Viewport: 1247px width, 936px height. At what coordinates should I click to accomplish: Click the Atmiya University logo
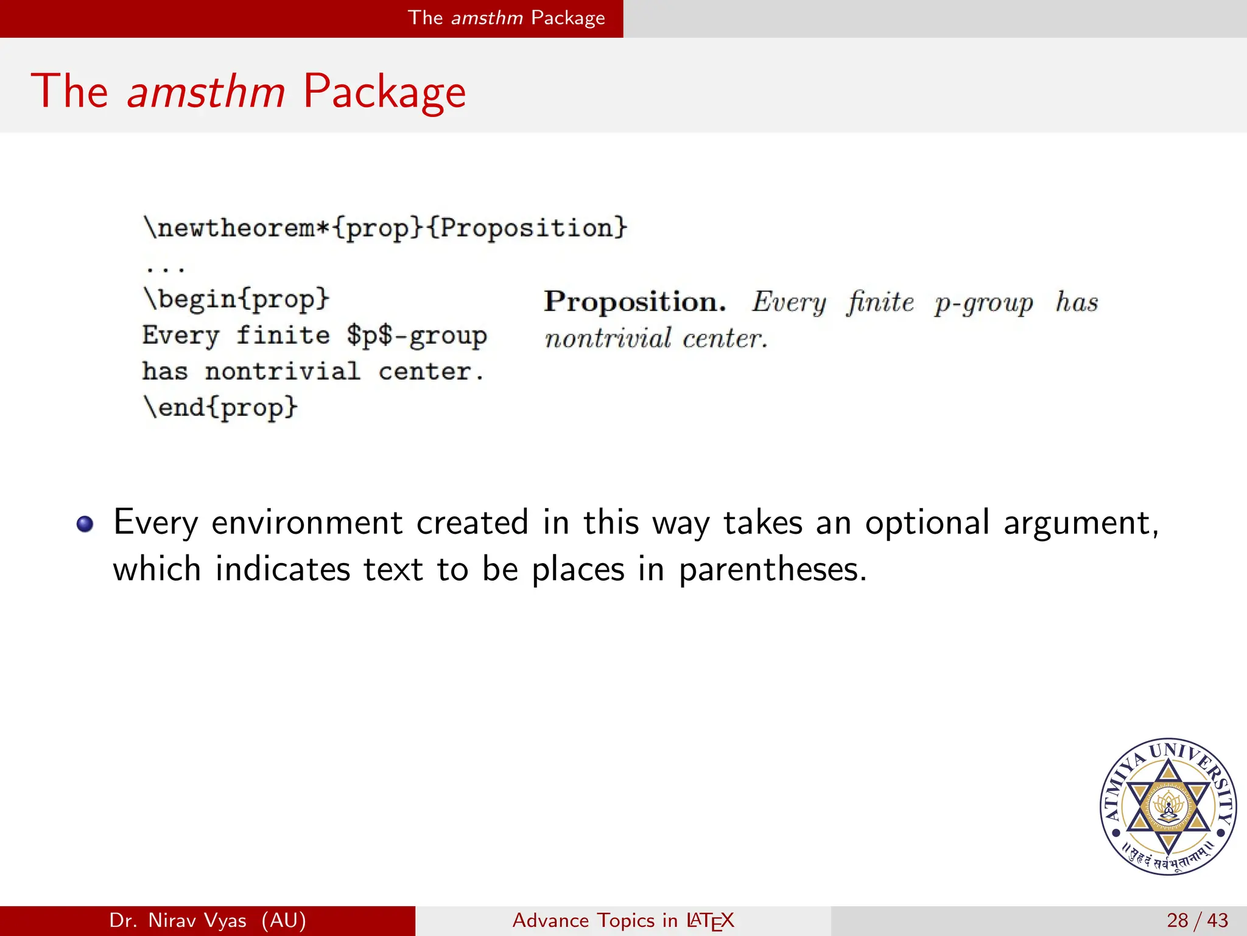pos(1168,806)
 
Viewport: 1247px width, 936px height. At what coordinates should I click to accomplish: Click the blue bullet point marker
pos(85,524)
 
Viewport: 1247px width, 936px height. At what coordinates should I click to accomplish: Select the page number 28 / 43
pos(1197,920)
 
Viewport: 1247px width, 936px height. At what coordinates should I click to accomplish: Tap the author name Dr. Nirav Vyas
pos(178,920)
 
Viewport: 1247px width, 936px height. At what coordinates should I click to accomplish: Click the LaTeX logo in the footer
pos(710,921)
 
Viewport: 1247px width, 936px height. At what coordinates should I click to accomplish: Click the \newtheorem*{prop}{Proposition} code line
pos(385,228)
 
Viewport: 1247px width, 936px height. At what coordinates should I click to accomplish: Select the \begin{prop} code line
pos(236,299)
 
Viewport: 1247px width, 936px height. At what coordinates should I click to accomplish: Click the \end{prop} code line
pos(220,407)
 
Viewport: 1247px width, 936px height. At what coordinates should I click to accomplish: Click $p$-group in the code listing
pos(416,336)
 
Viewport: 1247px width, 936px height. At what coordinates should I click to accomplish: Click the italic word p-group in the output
pos(984,303)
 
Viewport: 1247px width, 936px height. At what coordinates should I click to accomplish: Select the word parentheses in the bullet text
pos(771,570)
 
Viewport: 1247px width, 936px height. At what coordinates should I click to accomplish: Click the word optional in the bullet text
pos(927,523)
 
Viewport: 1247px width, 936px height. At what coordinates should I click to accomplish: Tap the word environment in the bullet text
pos(307,523)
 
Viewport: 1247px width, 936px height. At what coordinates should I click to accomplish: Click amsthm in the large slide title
pos(206,91)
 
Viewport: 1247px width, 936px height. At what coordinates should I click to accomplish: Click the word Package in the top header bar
pos(567,18)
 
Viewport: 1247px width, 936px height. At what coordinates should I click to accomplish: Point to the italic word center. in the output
pos(725,339)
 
